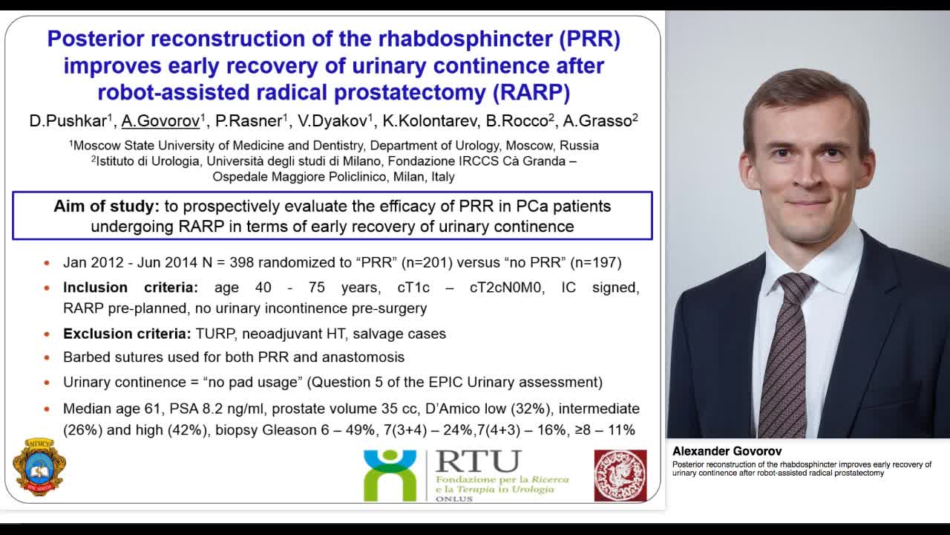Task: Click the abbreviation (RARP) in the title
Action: coord(531,92)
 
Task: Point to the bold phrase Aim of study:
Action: coord(106,206)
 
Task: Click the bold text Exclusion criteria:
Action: coord(127,334)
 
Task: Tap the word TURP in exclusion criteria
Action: coord(214,334)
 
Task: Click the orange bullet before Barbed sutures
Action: coord(47,357)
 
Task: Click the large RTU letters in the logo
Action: coord(478,461)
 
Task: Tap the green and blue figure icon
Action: coord(390,476)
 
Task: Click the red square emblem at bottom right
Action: coord(620,476)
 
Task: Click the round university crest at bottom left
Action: coord(39,467)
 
